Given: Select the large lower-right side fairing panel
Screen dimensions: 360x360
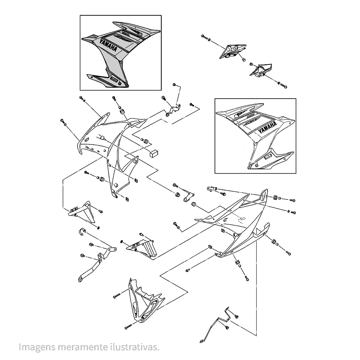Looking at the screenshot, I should tap(241, 223).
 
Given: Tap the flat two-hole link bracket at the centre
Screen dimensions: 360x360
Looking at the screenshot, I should tap(189, 196).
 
